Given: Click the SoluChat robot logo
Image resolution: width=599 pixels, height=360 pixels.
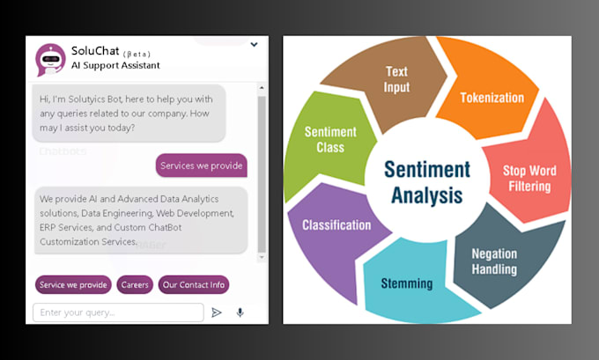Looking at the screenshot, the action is coord(50,60).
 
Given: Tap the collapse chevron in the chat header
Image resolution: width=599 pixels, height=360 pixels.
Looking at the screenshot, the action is coord(254,45).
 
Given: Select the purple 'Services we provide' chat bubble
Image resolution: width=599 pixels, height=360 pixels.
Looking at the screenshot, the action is coord(202,165).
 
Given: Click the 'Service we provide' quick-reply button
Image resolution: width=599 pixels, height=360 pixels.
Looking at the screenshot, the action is coord(73,285).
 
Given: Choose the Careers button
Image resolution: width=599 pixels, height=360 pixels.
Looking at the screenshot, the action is coord(135,285).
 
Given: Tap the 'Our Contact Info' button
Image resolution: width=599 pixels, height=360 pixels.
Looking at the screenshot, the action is coord(194,285).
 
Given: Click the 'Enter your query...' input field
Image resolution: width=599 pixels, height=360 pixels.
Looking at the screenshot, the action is coord(118,312).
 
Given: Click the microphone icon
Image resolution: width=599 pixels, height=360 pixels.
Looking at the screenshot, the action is coord(240,312).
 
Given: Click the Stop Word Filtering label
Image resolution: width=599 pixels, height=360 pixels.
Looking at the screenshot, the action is coord(529,179).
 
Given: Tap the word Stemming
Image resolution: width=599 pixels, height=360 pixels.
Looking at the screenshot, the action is coord(407,283).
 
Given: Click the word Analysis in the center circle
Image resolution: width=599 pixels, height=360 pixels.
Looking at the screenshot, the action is coord(427,195).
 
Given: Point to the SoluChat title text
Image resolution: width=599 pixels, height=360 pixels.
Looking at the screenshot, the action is coord(95,50).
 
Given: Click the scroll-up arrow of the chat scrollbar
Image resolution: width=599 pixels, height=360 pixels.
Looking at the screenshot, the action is coord(262,88).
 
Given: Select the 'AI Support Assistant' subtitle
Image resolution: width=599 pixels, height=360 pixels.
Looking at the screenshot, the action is coord(115,65).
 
